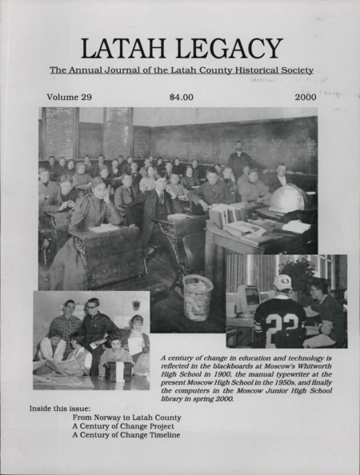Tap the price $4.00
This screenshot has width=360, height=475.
pos(183,98)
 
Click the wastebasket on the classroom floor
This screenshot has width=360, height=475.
pos(198,296)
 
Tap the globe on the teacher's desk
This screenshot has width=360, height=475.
pos(290,198)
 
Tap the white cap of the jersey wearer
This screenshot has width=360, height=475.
pos(282,282)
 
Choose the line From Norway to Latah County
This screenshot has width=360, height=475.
pos(126,417)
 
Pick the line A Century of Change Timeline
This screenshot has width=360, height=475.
pos(126,436)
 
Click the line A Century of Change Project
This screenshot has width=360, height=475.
pos(123,426)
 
